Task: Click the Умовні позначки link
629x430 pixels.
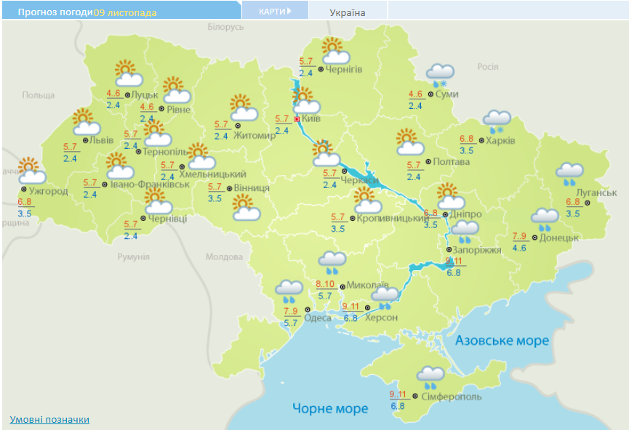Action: (49, 419)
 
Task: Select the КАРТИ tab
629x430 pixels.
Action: (274, 11)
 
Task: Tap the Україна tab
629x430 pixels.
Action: (348, 12)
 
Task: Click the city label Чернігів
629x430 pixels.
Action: (344, 70)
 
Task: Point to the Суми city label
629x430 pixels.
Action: (446, 94)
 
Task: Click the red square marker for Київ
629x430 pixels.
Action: (297, 118)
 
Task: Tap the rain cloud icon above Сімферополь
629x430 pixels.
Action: (430, 376)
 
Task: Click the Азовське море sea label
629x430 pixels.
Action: (502, 341)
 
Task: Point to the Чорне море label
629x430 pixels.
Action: (330, 408)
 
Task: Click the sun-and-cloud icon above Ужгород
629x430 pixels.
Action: (31, 171)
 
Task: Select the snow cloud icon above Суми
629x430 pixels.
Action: (440, 74)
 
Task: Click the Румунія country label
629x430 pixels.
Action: (133, 257)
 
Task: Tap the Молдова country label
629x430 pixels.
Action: (224, 257)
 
